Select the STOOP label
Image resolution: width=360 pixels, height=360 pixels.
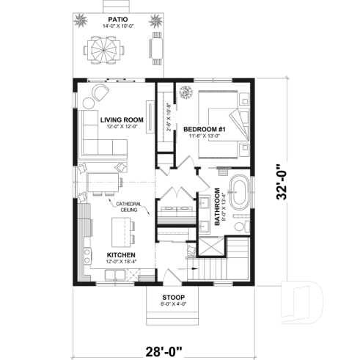point(174,298)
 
